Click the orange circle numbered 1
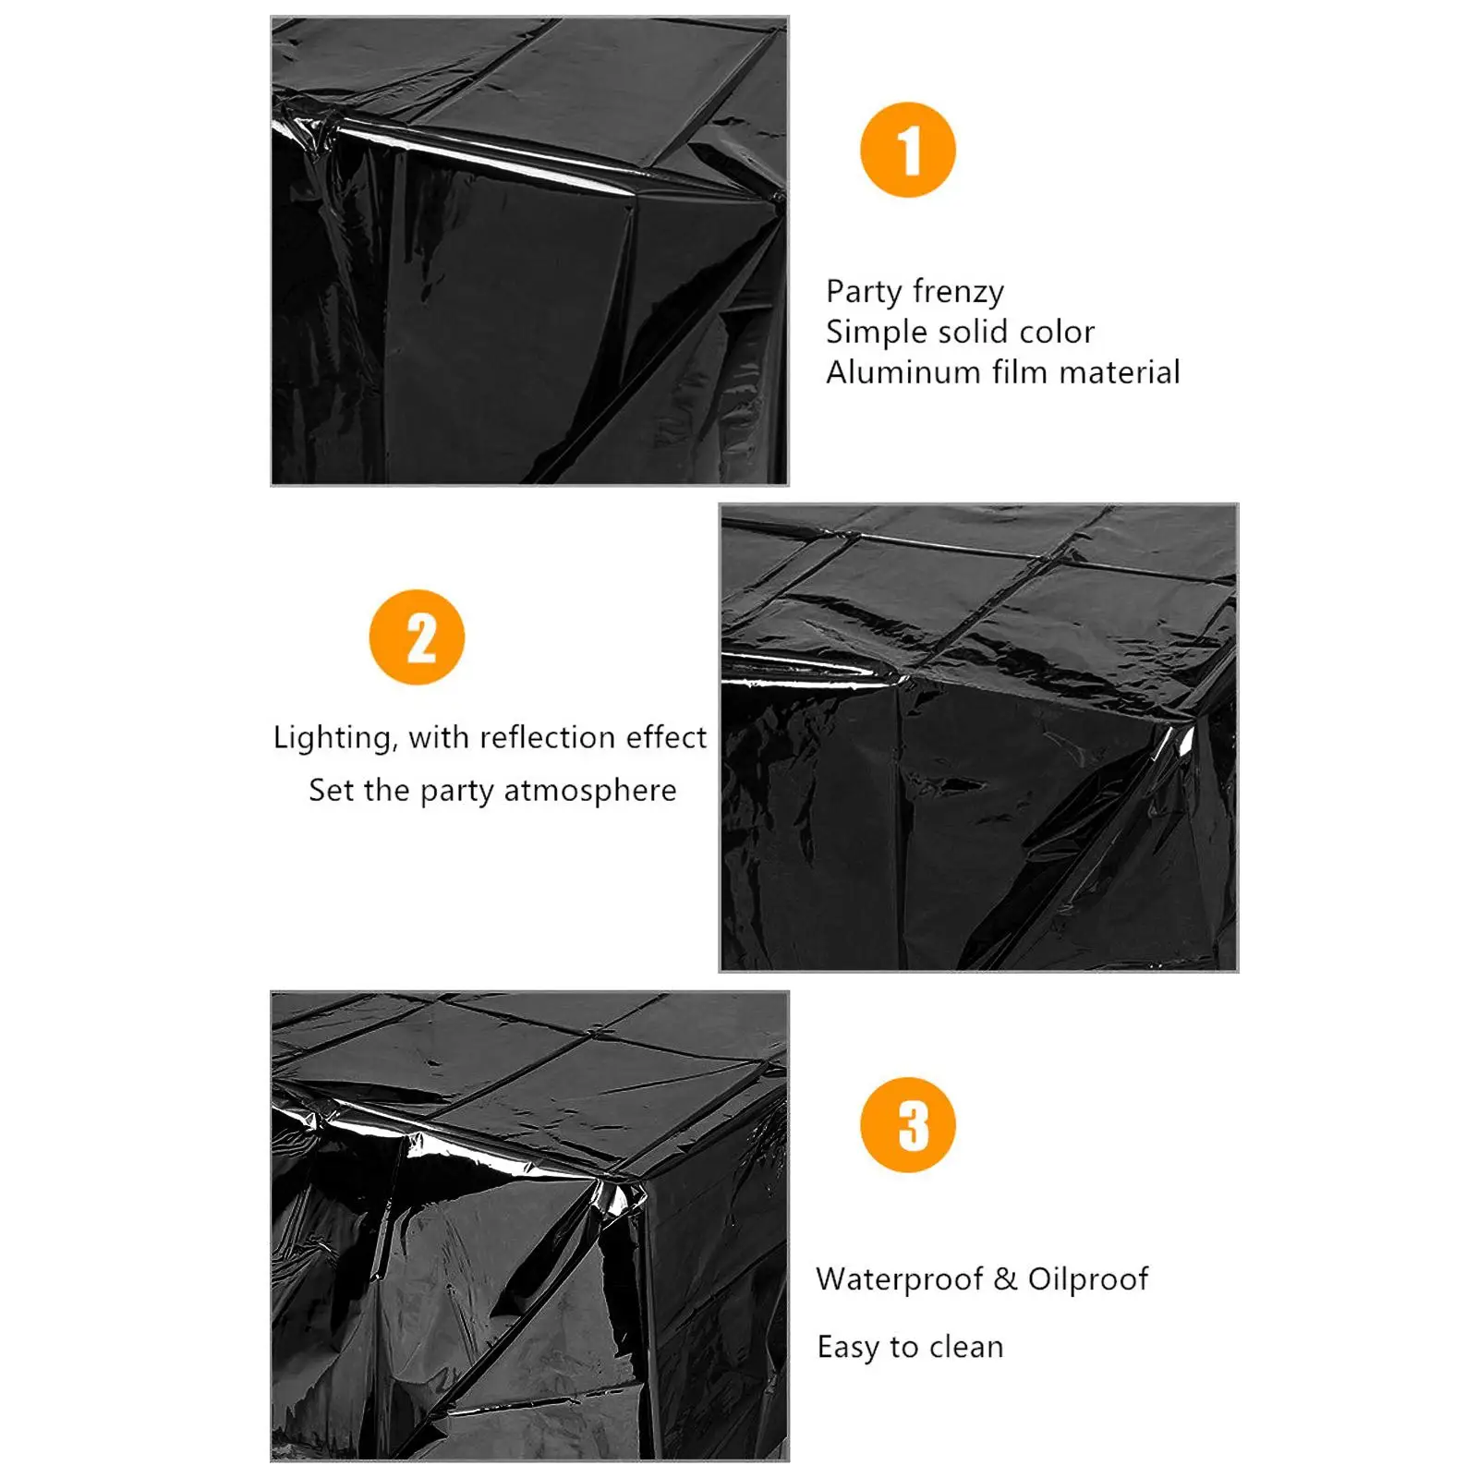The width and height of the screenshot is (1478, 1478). click(x=907, y=150)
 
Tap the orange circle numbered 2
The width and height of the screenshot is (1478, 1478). click(x=417, y=637)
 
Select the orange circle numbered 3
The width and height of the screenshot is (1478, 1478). click(x=907, y=1124)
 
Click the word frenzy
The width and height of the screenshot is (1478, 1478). click(x=958, y=293)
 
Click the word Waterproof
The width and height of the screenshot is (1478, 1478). click(x=900, y=1280)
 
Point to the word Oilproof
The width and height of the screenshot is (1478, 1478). click(x=1088, y=1280)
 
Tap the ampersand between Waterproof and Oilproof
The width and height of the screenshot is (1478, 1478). click(x=1006, y=1279)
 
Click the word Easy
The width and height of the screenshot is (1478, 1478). click(x=849, y=1349)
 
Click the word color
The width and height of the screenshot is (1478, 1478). click(x=1057, y=333)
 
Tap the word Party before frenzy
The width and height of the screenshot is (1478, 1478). click(x=864, y=293)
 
